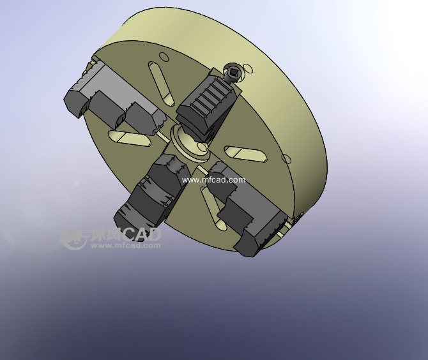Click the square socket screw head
[233, 73]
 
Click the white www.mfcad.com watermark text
[213, 180]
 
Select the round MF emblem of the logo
[73, 238]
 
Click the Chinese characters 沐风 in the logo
[105, 235]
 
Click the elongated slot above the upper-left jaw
[162, 83]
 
